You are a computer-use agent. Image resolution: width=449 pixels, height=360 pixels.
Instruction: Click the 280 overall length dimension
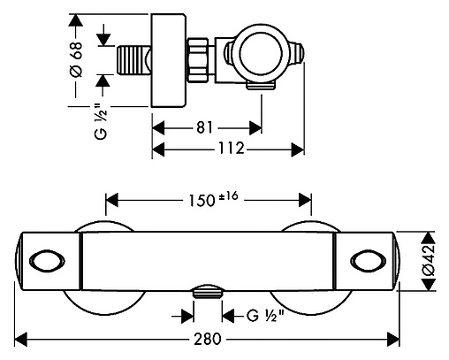(207, 339)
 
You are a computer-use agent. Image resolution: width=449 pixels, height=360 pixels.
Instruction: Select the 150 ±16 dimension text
(213, 200)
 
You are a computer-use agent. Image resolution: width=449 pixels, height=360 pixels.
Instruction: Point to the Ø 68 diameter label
(76, 59)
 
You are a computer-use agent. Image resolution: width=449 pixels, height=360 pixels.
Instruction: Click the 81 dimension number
(204, 128)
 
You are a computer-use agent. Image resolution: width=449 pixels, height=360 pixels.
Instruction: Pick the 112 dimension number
(232, 148)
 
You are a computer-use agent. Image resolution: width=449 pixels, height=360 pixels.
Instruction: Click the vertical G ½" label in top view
(101, 121)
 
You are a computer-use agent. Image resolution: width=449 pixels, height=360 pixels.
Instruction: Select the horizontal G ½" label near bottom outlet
(265, 316)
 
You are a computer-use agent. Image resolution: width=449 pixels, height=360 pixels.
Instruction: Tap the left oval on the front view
(47, 261)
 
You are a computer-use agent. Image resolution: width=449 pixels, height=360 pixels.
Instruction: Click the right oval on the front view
(369, 261)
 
